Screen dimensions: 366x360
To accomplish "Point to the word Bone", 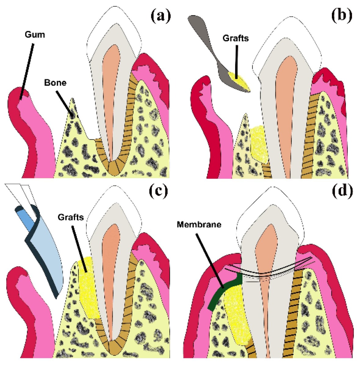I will click(x=55, y=83).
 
